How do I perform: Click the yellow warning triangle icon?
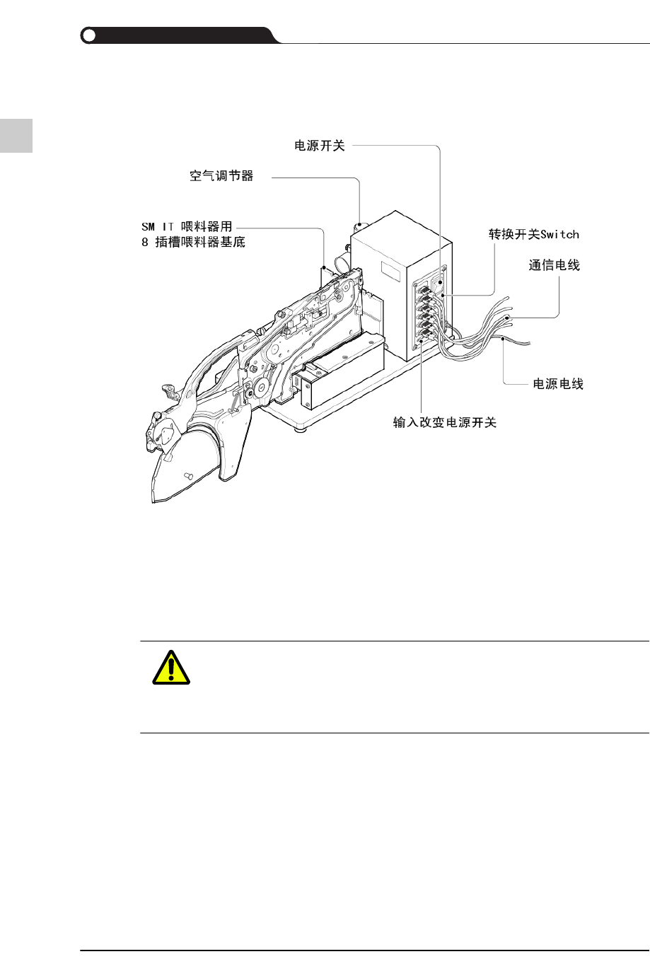(x=171, y=667)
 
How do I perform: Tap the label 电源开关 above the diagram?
(x=320, y=146)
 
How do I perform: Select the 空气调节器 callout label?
(x=221, y=175)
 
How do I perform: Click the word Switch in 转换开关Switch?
(x=559, y=234)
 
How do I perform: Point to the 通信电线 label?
(x=555, y=265)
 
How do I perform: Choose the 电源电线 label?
(x=558, y=384)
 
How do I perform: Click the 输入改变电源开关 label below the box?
(x=445, y=423)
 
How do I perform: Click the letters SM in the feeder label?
(x=148, y=227)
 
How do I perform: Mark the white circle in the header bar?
(x=88, y=35)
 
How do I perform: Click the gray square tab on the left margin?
(x=16, y=134)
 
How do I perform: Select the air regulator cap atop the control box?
(x=361, y=226)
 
